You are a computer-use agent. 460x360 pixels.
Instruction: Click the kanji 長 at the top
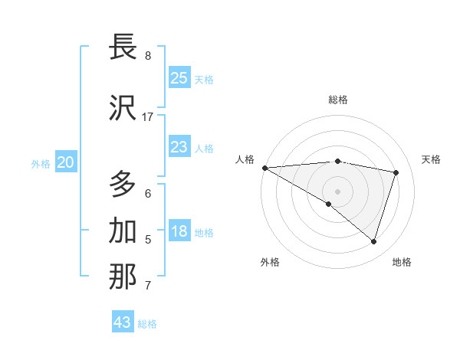(x=123, y=47)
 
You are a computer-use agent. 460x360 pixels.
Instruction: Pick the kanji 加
(x=123, y=231)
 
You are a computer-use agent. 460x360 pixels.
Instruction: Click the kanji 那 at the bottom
(x=123, y=277)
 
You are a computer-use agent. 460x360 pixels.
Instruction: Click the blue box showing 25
(x=179, y=78)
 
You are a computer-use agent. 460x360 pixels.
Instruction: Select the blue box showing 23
(x=179, y=147)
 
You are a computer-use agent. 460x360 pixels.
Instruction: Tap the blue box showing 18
(x=179, y=231)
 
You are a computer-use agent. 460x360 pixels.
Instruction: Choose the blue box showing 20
(x=66, y=162)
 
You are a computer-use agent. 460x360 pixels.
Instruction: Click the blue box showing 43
(x=123, y=322)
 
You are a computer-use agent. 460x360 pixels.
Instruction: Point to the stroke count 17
(x=148, y=117)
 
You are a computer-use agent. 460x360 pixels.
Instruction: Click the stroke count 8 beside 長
(x=148, y=56)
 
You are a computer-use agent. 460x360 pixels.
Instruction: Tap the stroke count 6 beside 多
(x=148, y=193)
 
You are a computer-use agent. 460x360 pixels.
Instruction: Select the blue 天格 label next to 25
(x=204, y=80)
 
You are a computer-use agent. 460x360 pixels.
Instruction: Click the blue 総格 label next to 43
(x=147, y=324)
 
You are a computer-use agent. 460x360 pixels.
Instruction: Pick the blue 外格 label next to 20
(x=41, y=164)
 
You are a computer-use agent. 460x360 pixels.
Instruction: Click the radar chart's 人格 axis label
(x=245, y=159)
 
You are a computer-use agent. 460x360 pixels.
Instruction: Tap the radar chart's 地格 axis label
(x=402, y=262)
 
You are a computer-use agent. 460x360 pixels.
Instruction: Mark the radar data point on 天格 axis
(x=396, y=172)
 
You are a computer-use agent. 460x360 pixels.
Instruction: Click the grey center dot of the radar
(x=337, y=190)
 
